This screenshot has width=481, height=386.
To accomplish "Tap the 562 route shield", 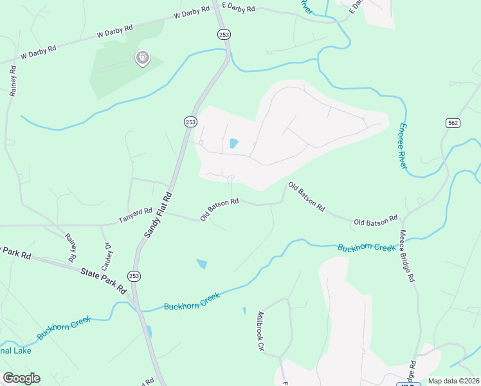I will click(x=451, y=123).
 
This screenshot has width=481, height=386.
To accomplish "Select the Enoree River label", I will click(x=403, y=145).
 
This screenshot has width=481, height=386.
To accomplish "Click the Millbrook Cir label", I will click(x=261, y=331).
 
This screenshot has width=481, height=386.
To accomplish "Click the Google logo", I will click(x=21, y=378).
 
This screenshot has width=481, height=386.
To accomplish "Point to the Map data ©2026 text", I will click(x=453, y=381).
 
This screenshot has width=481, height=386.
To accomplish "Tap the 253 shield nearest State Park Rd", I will click(x=134, y=275).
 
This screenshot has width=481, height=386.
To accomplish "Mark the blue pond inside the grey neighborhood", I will click(x=233, y=143).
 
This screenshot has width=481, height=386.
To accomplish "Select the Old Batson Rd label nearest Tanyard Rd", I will click(x=219, y=209).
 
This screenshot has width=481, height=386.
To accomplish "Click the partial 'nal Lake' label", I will click(x=15, y=351).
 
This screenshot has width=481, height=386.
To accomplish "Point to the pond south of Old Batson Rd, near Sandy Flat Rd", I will click(x=202, y=263).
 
